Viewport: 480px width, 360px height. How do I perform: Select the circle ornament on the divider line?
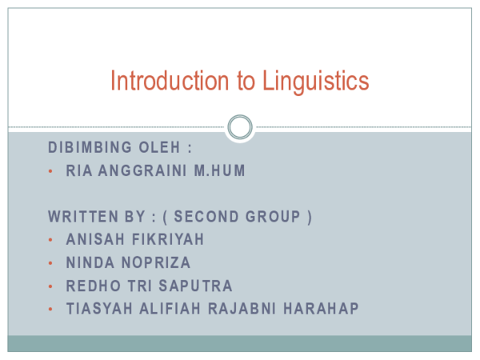tap(240, 126)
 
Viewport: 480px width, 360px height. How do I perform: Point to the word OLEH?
tap(163, 148)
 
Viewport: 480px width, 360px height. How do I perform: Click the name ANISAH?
tap(92, 239)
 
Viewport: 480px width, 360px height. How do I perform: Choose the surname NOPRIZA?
tap(155, 262)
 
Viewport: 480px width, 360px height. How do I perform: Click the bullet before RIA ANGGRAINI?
tap(50, 171)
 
